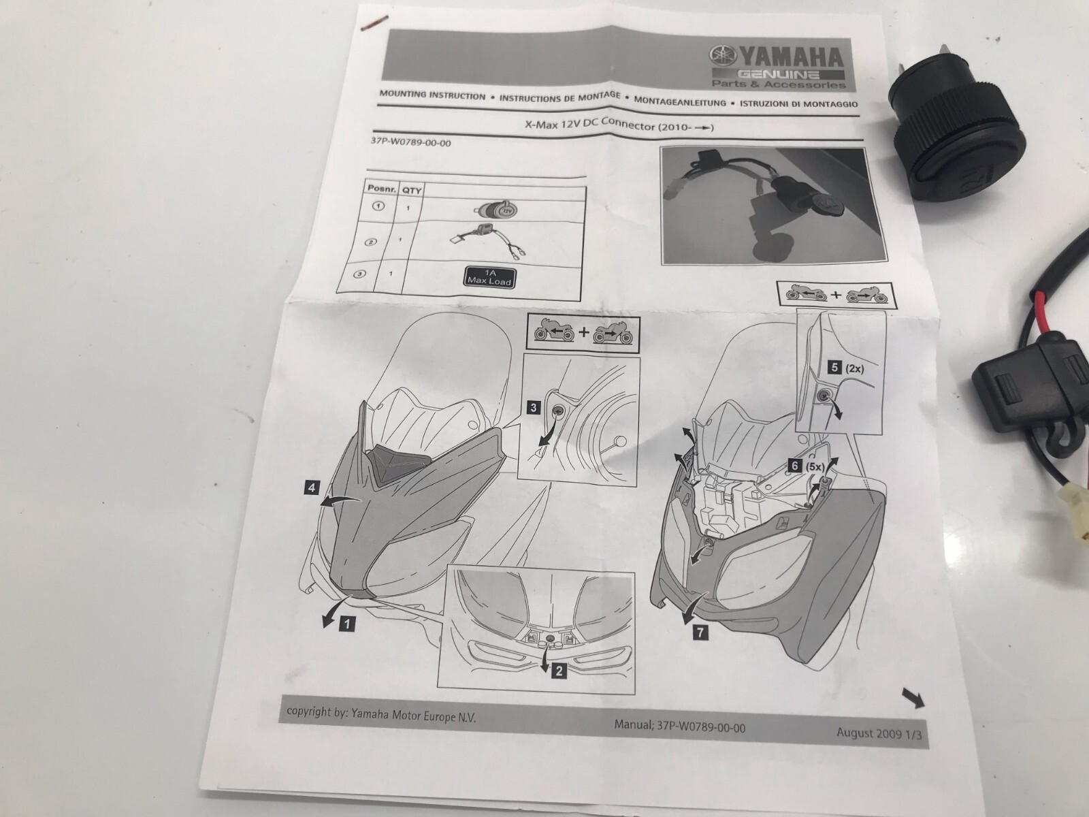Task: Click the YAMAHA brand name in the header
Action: coord(791,59)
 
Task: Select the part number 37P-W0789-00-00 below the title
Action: coord(411,142)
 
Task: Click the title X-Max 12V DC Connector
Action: coord(590,125)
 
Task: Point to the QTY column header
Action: coord(411,190)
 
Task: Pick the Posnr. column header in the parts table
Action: coord(381,189)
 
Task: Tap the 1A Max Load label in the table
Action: coord(489,277)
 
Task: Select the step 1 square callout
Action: coord(347,623)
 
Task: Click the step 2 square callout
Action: coord(558,672)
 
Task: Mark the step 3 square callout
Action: coord(534,408)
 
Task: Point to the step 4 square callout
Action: coord(312,487)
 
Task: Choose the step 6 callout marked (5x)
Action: coord(807,466)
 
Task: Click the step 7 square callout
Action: coord(700,632)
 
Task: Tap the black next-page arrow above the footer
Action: coord(913,698)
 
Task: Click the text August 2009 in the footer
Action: coord(868,733)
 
